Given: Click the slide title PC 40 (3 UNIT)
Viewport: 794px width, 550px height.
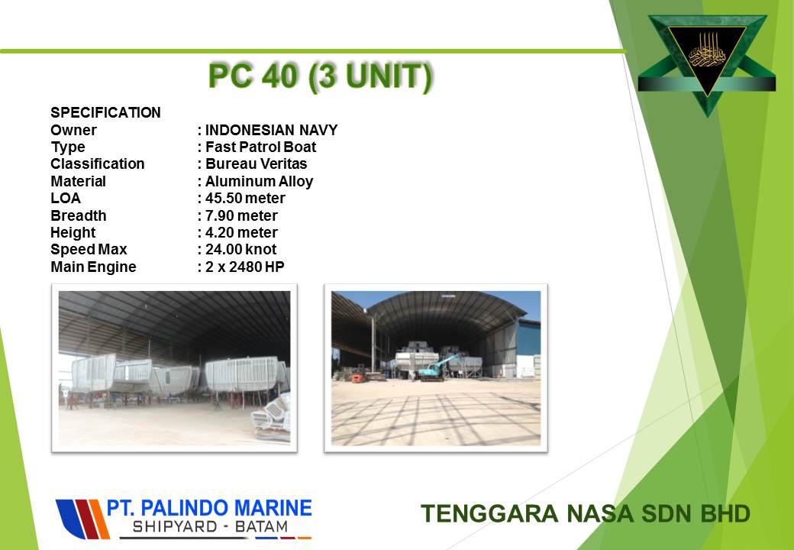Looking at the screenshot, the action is (321, 77).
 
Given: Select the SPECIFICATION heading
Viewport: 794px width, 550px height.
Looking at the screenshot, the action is (106, 112).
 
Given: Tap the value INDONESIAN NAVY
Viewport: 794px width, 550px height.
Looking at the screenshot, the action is (272, 130).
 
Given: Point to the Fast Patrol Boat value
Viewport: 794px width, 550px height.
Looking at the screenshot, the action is (261, 147).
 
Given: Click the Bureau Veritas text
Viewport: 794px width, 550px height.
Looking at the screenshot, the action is (257, 164).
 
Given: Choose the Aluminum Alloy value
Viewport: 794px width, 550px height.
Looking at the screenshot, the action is (260, 181).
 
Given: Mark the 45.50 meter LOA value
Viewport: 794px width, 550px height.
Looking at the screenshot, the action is (245, 198).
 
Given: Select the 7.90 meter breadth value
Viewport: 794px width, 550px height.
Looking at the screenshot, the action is (241, 215).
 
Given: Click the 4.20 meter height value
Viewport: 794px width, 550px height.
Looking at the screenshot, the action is (241, 232).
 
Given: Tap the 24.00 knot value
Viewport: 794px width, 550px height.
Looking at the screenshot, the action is (241, 249).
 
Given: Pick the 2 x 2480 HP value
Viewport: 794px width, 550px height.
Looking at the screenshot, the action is (244, 267).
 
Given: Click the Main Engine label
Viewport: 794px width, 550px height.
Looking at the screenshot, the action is (93, 267).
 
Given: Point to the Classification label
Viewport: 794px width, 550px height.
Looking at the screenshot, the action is (97, 164).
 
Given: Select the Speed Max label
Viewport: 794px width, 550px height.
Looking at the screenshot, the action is (89, 250).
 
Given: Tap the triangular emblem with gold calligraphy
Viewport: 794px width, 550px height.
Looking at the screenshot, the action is (707, 61).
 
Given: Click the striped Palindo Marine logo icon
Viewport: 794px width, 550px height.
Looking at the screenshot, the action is (82, 519).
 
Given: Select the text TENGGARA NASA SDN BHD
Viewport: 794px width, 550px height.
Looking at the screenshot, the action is (586, 513).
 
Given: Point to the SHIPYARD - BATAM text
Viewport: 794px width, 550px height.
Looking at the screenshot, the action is (210, 527).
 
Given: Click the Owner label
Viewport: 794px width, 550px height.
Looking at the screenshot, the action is (73, 130).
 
